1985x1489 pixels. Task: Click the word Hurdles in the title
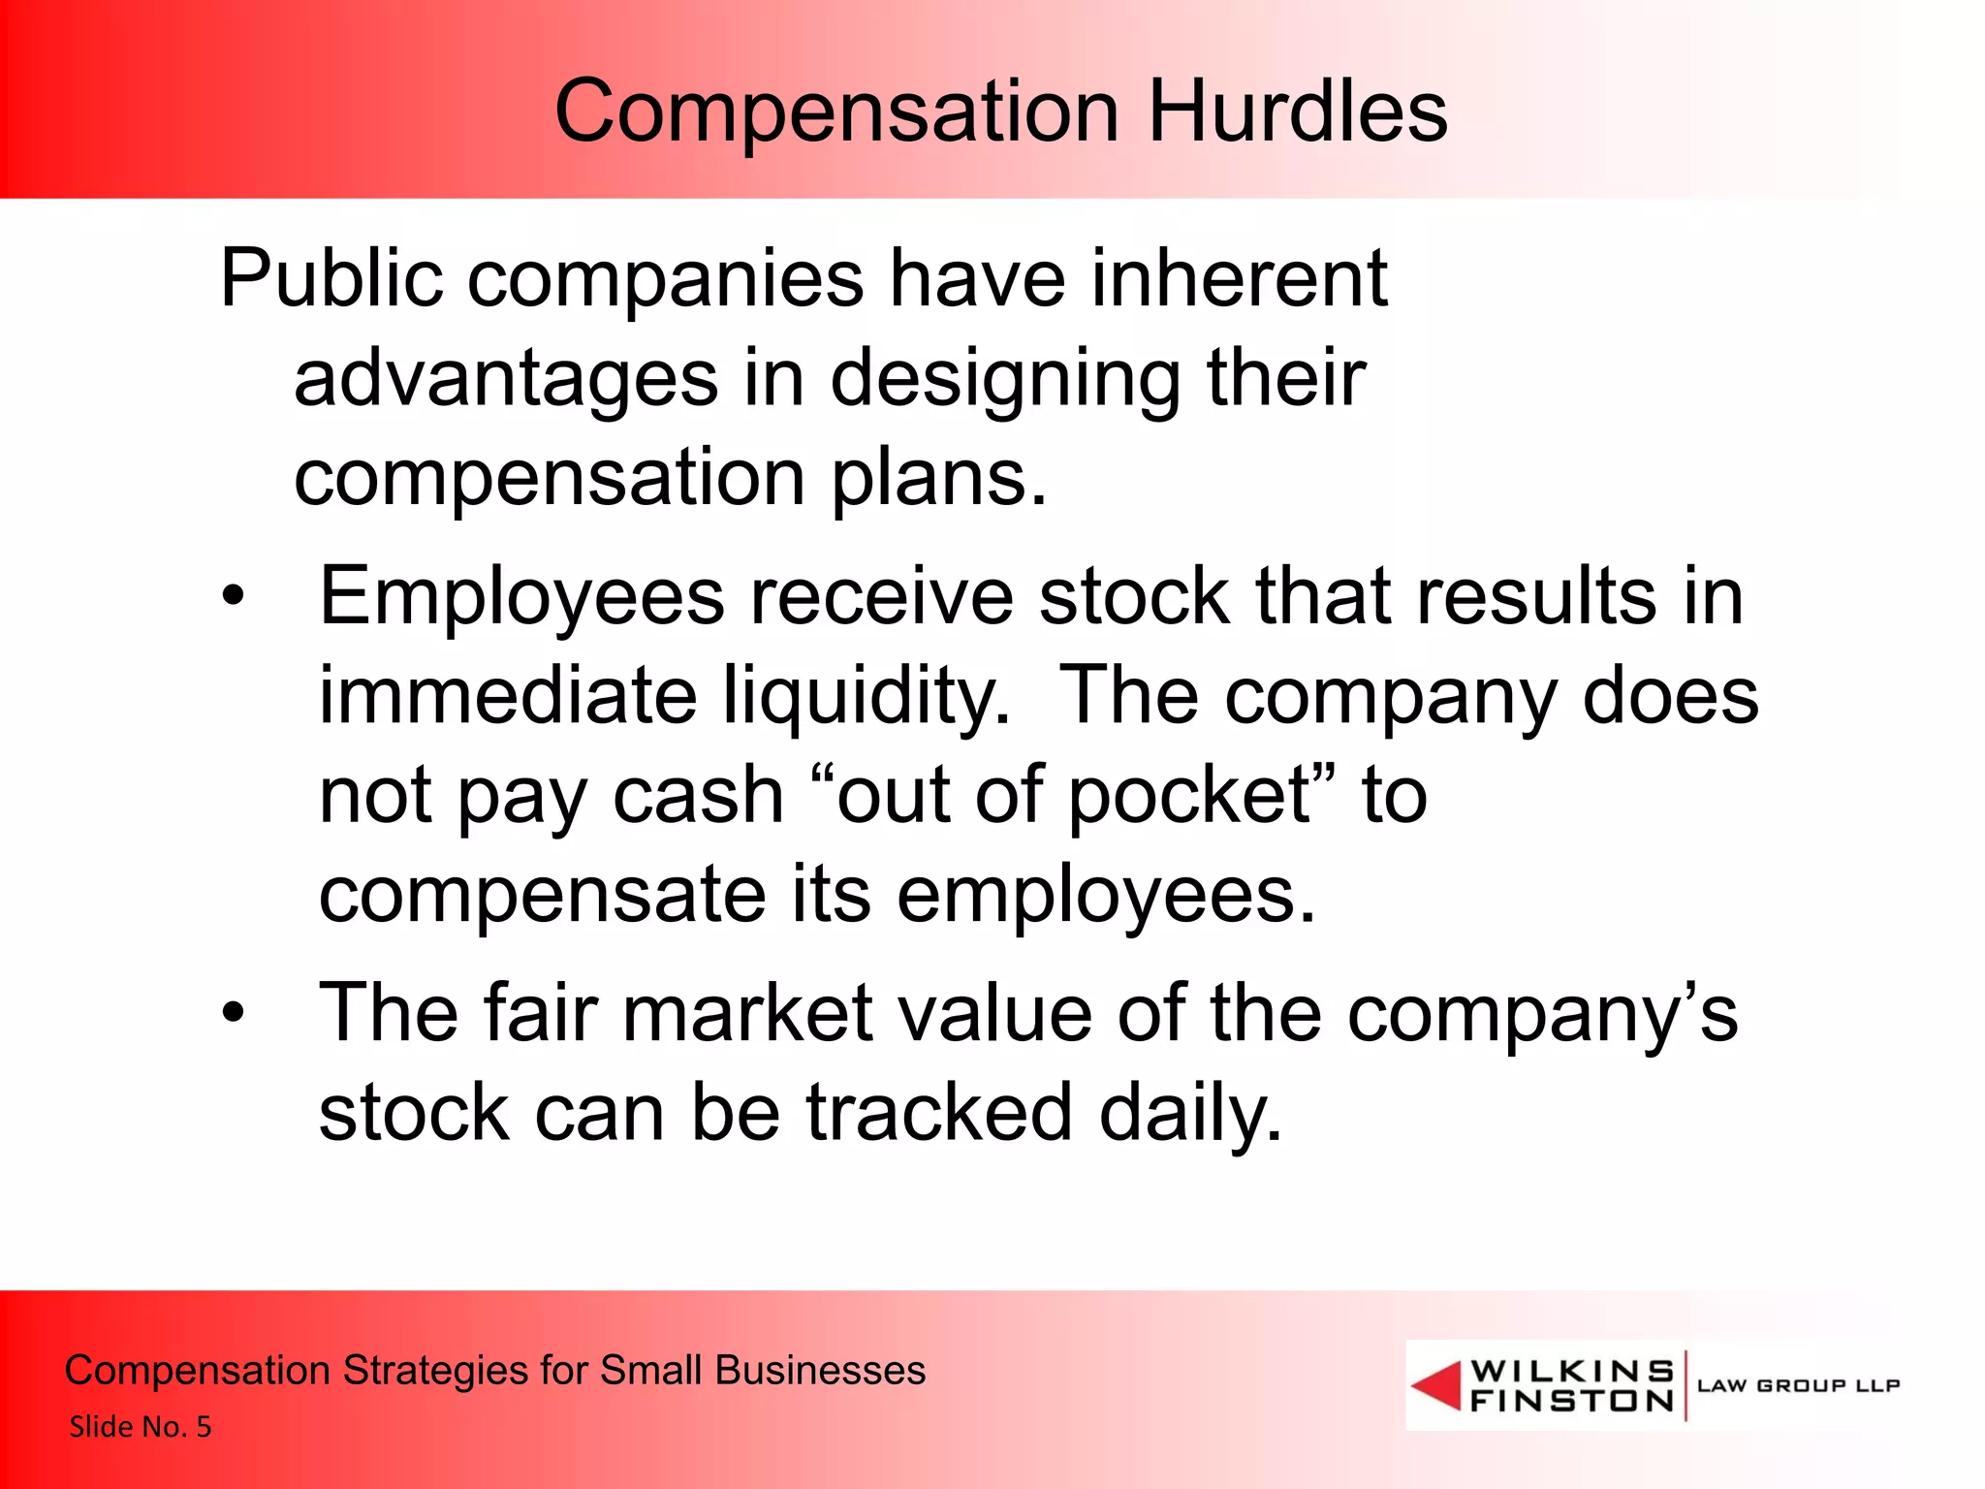tap(1298, 111)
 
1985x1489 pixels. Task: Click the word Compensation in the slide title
tap(836, 113)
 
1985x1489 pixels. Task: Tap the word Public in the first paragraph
tap(331, 279)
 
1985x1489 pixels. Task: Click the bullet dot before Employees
tap(234, 596)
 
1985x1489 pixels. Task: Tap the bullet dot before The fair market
tap(234, 1013)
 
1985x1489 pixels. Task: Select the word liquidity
tap(867, 696)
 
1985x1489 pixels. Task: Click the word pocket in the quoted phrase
tap(1189, 796)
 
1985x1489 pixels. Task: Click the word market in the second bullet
tap(749, 1013)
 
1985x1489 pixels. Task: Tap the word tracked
tap(939, 1113)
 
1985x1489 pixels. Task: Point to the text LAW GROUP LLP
tap(1798, 1385)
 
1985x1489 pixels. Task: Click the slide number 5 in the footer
tap(204, 1427)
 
